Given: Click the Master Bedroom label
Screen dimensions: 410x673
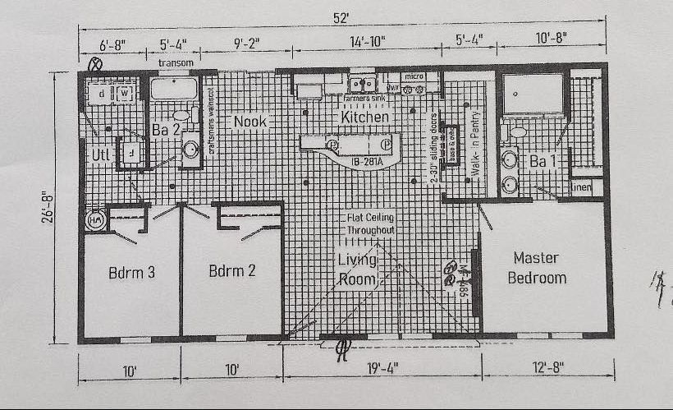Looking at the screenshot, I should point(537,267).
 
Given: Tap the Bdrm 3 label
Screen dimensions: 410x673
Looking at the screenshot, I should point(131,272).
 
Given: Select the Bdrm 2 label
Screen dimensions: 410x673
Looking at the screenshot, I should point(233,272).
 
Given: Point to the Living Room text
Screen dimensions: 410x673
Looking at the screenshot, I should point(357,269).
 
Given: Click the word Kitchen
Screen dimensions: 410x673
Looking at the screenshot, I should point(365,117).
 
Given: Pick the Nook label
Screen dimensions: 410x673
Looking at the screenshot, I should point(250,122).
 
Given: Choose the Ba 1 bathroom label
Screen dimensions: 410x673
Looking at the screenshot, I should point(543,161).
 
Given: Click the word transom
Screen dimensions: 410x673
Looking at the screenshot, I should point(176,62).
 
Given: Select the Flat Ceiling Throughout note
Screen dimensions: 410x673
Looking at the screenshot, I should point(370,223).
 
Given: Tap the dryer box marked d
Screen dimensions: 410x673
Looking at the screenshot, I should point(102,94).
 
